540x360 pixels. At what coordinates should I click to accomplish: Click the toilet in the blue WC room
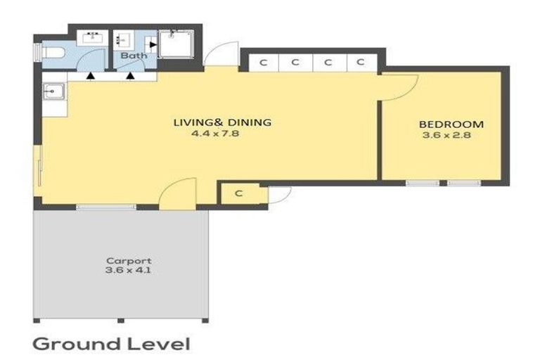tap(53, 52)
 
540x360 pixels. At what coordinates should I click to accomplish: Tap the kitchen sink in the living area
tap(51, 91)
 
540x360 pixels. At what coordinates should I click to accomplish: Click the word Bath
tap(132, 56)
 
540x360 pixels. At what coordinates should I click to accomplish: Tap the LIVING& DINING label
tap(222, 122)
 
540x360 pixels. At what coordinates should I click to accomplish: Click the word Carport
tap(119, 259)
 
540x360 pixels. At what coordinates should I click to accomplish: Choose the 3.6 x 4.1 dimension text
tap(119, 270)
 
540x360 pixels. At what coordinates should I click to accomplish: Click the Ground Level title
tap(111, 344)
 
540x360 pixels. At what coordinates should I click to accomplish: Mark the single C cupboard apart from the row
tap(239, 193)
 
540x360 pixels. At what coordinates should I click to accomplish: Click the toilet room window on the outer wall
tap(36, 53)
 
